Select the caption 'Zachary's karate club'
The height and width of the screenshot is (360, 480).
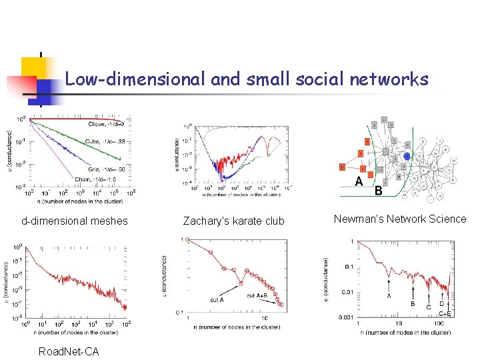coord(233,221)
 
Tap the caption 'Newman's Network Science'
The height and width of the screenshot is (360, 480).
coord(400,219)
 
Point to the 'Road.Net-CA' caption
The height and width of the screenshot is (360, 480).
coord(69,351)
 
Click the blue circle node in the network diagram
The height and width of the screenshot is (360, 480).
coord(407,157)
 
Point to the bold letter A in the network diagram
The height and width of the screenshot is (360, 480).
coord(359,181)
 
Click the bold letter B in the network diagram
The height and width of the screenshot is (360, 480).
coord(379,190)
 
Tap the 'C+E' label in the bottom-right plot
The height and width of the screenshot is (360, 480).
coord(445,313)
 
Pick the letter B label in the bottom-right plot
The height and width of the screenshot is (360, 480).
coord(413,303)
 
